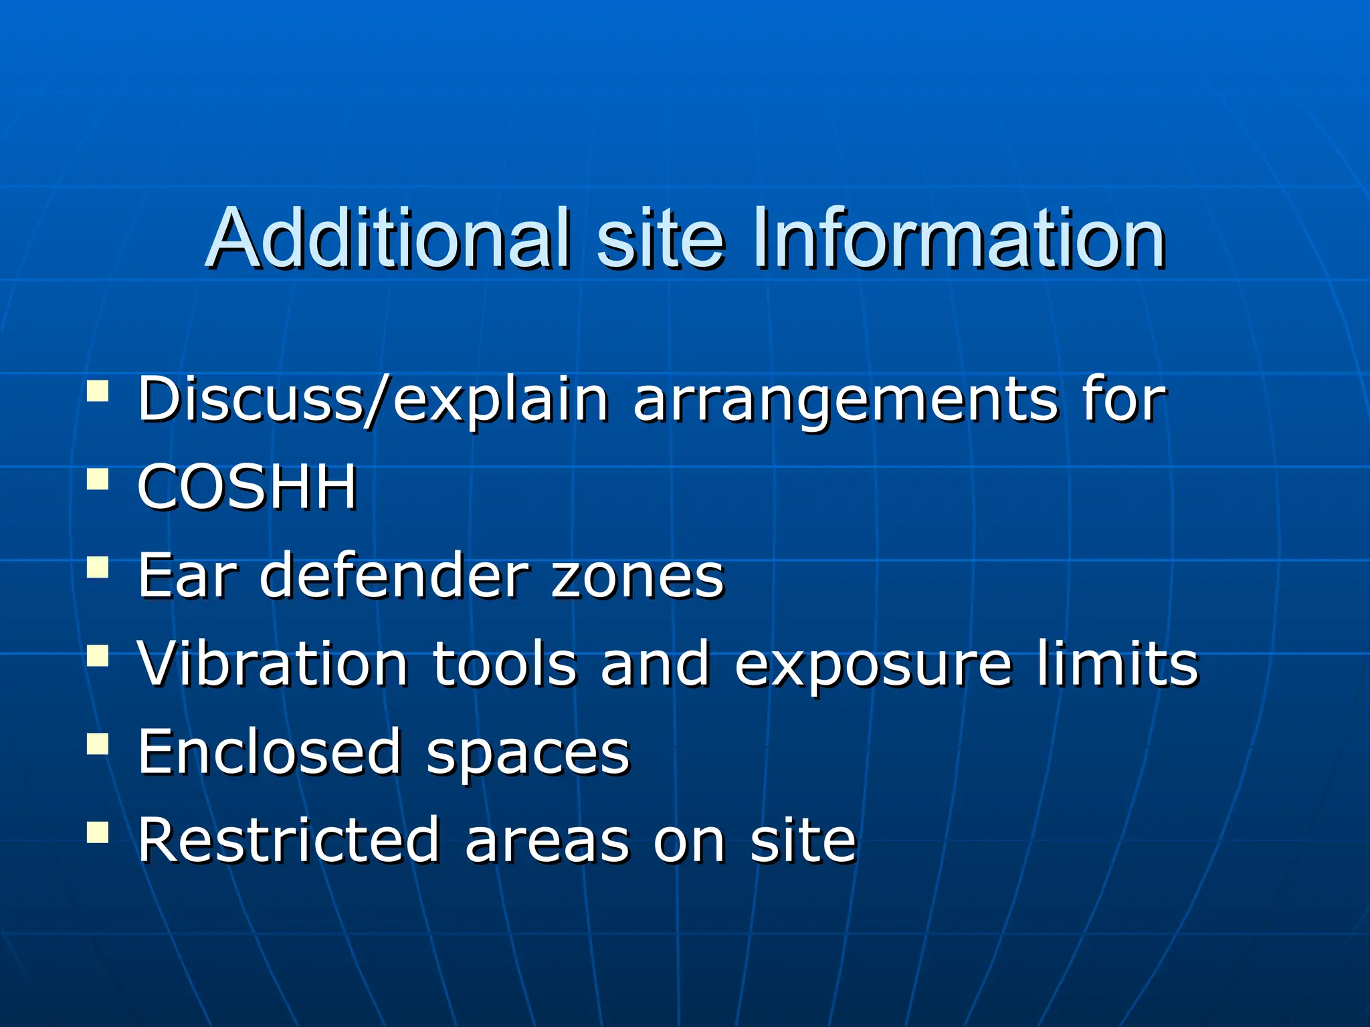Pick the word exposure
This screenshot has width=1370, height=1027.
874,666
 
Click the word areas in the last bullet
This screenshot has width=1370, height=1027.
548,842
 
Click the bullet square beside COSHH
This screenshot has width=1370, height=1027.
98,479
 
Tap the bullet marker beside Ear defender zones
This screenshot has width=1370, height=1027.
98,567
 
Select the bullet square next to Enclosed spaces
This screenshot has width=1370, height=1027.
98,744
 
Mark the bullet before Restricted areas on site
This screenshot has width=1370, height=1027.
98,832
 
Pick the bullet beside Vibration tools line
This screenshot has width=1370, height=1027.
98,655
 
